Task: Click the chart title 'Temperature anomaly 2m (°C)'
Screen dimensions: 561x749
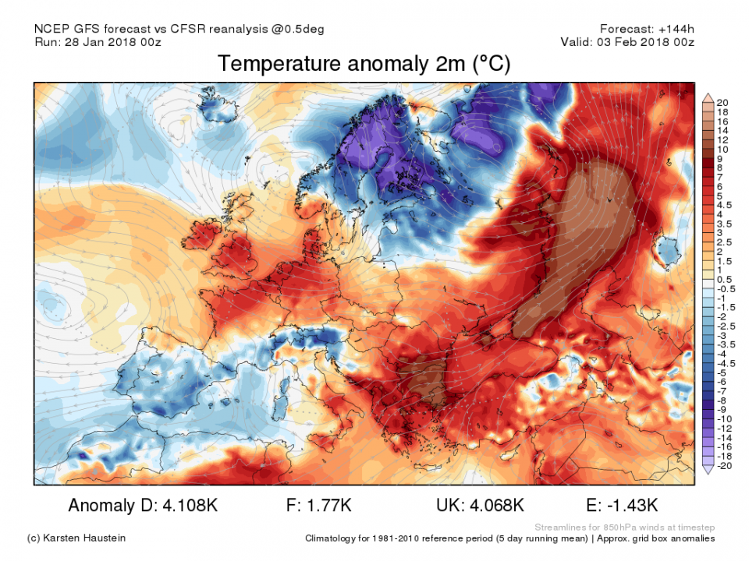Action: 364,64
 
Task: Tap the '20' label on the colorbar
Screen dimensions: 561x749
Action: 723,103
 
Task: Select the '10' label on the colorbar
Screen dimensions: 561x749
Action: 723,149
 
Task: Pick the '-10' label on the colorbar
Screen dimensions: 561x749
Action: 726,419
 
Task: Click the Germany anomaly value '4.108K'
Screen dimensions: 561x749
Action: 186,506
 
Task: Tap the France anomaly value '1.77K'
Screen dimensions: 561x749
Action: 331,506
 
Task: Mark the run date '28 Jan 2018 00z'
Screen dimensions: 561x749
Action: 115,42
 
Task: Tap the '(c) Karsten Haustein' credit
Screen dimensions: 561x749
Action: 75,538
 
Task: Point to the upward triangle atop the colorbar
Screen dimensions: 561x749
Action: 707,97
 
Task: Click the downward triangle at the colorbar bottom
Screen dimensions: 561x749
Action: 707,470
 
